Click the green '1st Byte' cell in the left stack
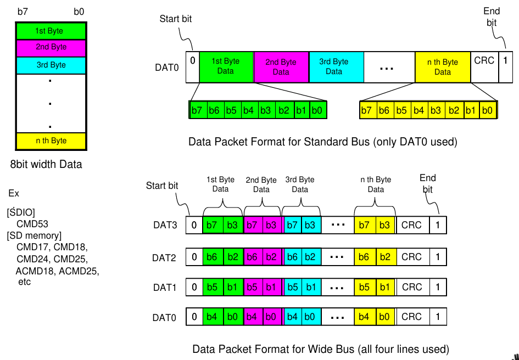[51, 31]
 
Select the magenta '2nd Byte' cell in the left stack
[51, 47]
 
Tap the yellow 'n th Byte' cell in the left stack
[51, 141]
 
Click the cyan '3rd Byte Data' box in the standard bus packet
[334, 66]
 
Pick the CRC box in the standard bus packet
[484, 66]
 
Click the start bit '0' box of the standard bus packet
[192, 66]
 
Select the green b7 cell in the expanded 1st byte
[197, 110]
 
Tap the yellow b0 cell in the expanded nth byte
[487, 110]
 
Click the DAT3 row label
[165, 225]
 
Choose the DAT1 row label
[165, 287]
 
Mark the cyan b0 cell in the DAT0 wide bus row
[309, 317]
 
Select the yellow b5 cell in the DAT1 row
[364, 287]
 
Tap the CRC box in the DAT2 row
[411, 257]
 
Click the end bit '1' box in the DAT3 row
[438, 225]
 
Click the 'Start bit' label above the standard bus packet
[176, 19]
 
